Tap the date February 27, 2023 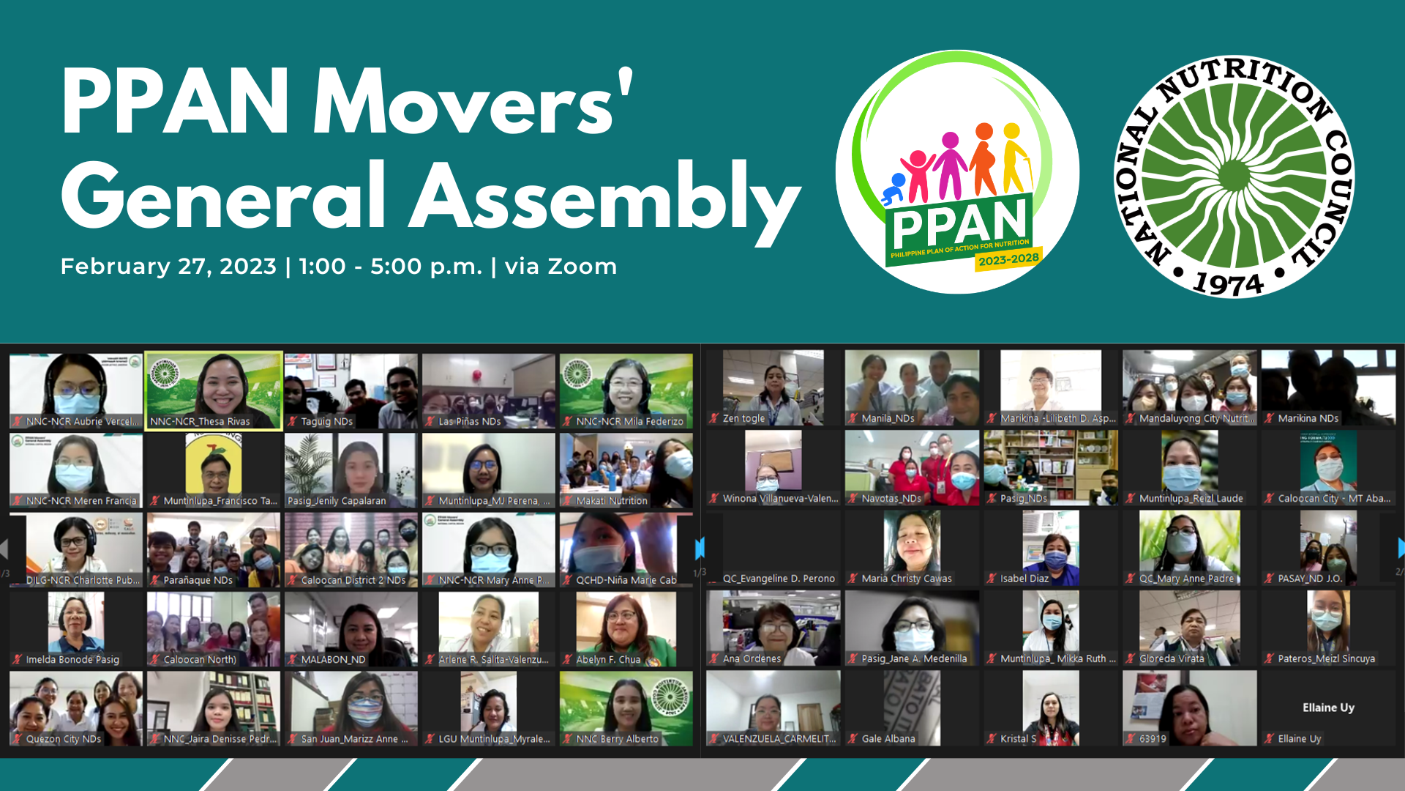(168, 266)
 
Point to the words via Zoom (561, 266)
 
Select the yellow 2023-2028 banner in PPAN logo (1008, 259)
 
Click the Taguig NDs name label (326, 422)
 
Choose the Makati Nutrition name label (611, 501)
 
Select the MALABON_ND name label (333, 660)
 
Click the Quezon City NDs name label (63, 739)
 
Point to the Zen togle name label (743, 419)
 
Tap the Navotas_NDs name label (891, 499)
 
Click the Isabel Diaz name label (1024, 579)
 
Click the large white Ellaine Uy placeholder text (1328, 708)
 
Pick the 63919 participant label (1153, 739)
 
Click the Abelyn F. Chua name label (607, 660)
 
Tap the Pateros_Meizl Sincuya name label (1326, 659)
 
